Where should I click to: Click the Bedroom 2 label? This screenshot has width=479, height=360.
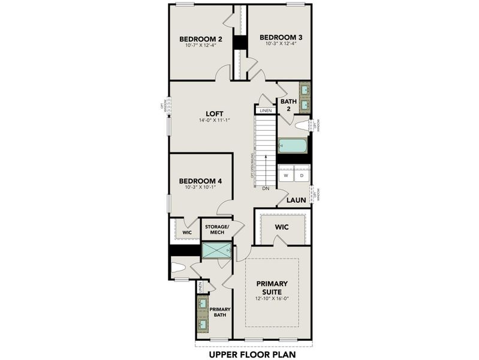(201, 40)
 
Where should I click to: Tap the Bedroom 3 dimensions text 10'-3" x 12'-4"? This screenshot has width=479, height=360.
(281, 46)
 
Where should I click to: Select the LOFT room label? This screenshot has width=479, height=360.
(214, 113)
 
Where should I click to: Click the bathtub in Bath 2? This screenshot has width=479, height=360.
(293, 146)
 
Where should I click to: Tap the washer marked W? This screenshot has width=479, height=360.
(286, 176)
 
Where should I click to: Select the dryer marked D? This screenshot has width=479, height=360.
(302, 176)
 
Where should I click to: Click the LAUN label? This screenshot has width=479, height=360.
(296, 200)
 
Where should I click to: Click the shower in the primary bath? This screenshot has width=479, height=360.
(216, 251)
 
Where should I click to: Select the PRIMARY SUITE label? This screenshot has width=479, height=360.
(272, 287)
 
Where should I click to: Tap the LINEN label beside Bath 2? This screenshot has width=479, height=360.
(265, 110)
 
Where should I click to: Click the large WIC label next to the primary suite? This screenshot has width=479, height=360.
(282, 227)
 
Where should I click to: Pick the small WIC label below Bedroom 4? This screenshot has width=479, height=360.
(186, 232)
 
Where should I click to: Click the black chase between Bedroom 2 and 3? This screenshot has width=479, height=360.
(240, 43)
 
